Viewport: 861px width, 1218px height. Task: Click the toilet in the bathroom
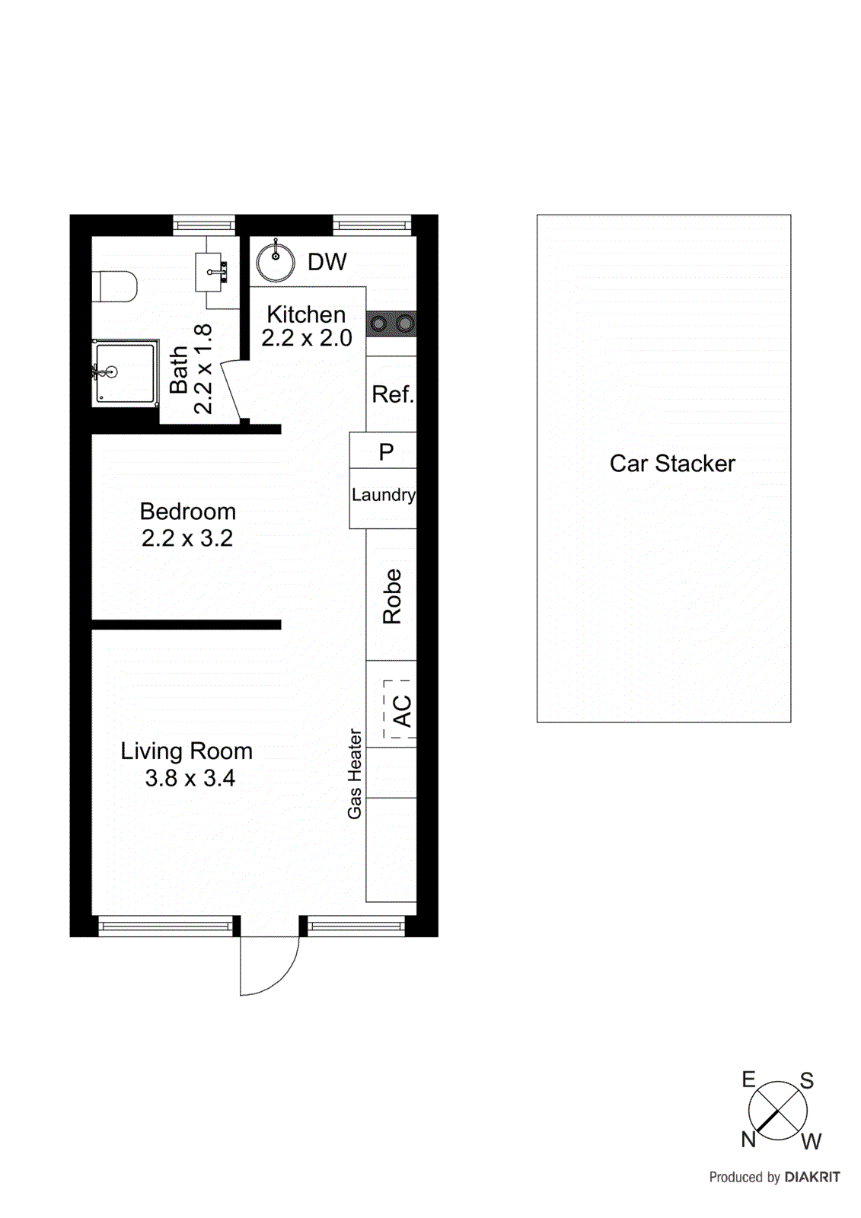coord(116,287)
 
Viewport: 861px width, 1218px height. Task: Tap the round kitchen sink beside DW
coord(276,262)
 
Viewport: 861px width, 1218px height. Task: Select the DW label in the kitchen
coord(327,262)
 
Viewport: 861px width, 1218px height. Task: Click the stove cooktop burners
coord(391,324)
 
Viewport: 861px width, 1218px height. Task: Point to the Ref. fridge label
coord(392,394)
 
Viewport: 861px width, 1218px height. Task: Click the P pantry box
coord(386,452)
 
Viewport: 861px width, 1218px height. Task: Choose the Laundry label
coord(383,495)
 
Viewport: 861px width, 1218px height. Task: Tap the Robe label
coord(391,597)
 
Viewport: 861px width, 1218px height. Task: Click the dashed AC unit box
coord(399,709)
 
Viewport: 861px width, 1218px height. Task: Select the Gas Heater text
coord(355,773)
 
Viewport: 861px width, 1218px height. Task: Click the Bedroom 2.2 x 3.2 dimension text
coord(187,538)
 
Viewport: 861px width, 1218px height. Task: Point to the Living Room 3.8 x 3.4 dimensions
coord(190,778)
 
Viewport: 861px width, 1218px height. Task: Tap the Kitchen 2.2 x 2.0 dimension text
coord(307,337)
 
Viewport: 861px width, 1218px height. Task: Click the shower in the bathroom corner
coord(126,371)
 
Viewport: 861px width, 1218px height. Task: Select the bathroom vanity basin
coord(209,272)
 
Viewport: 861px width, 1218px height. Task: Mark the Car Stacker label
coord(672,464)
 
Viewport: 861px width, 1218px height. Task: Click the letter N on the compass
coord(748,1140)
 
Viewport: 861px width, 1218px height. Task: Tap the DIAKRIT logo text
coord(812,1177)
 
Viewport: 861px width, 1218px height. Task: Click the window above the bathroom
coord(203,225)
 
